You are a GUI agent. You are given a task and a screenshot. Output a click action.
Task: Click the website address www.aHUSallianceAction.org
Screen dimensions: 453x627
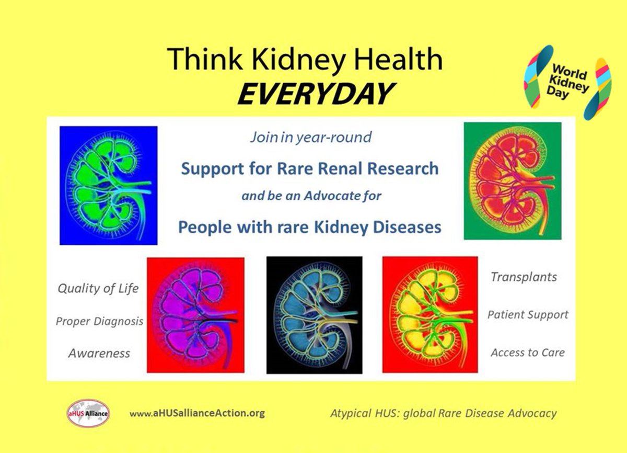coord(198,413)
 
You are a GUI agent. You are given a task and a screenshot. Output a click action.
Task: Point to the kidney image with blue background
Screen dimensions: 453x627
coord(108,185)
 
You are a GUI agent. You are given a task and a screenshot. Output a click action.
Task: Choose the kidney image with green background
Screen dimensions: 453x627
coord(512,180)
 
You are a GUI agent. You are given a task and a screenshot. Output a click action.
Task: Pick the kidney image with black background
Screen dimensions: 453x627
coord(314,314)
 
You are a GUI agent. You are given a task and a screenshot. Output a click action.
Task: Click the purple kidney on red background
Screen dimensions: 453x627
coord(195,315)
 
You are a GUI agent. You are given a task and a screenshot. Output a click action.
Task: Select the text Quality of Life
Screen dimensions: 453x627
coord(98,288)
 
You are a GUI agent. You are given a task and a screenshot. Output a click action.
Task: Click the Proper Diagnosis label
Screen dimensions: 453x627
coord(99,321)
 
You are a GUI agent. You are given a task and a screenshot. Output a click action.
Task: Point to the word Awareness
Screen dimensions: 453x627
coord(99,354)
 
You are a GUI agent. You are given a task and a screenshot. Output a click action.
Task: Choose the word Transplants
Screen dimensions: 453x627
coord(524,277)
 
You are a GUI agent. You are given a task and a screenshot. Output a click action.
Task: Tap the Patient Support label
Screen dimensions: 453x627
coord(528,315)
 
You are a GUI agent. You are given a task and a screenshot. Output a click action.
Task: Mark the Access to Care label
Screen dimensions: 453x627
coord(527,353)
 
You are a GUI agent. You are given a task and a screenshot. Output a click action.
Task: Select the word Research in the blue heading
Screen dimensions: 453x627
coord(406,168)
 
